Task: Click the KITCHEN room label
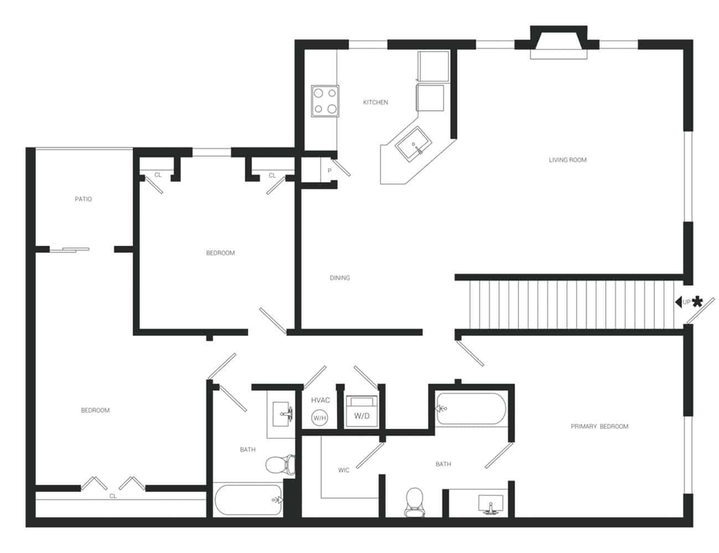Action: pyautogui.click(x=375, y=102)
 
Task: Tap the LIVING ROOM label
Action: pyautogui.click(x=567, y=160)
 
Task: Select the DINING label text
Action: pyautogui.click(x=340, y=278)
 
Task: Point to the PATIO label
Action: pyautogui.click(x=84, y=199)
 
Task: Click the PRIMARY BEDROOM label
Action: pyautogui.click(x=599, y=426)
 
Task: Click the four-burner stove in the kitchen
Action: pyautogui.click(x=325, y=101)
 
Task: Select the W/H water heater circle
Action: pyautogui.click(x=320, y=418)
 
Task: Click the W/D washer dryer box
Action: pyautogui.click(x=362, y=413)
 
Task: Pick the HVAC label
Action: pyautogui.click(x=320, y=400)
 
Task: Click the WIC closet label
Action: pyautogui.click(x=344, y=471)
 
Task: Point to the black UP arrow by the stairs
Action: pyautogui.click(x=678, y=302)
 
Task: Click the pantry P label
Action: pyautogui.click(x=329, y=171)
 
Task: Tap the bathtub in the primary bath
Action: pyautogui.click(x=470, y=409)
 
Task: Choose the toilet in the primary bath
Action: pyautogui.click(x=414, y=500)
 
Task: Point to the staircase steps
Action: pyautogui.click(x=570, y=304)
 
